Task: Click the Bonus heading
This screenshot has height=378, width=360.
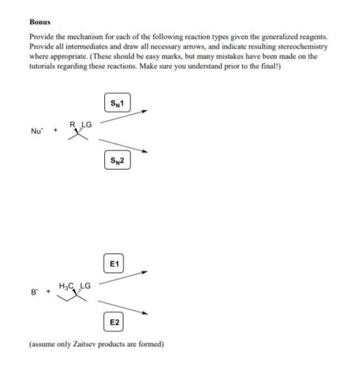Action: (x=40, y=23)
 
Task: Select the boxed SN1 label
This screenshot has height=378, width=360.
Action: (x=116, y=102)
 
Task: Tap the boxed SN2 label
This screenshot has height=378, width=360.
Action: (x=116, y=161)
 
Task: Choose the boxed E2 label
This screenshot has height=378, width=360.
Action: (x=114, y=322)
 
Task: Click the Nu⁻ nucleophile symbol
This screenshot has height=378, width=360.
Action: (x=36, y=131)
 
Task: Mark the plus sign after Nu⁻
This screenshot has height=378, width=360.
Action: (x=54, y=131)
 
